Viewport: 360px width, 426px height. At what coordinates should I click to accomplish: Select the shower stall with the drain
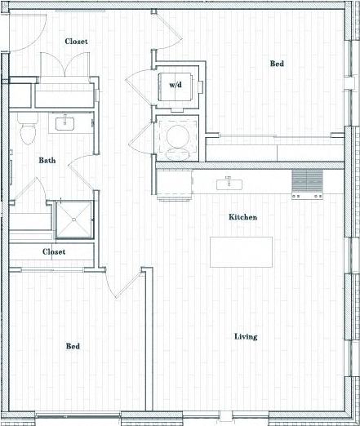click(73, 218)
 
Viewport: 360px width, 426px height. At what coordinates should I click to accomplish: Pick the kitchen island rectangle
click(240, 251)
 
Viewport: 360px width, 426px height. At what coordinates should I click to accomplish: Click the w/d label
click(176, 85)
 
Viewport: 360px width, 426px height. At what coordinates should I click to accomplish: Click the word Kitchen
click(242, 218)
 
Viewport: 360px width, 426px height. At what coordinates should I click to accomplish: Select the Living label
click(246, 336)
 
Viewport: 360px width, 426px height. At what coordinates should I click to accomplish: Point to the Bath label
click(47, 160)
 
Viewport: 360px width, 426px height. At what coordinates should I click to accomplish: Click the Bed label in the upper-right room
click(278, 63)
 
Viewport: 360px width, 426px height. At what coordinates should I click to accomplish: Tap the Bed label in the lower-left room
click(73, 347)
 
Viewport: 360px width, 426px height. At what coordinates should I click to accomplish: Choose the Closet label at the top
click(77, 41)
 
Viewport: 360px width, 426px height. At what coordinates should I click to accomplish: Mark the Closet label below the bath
click(54, 252)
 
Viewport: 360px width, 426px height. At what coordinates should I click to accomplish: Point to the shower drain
click(74, 219)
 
